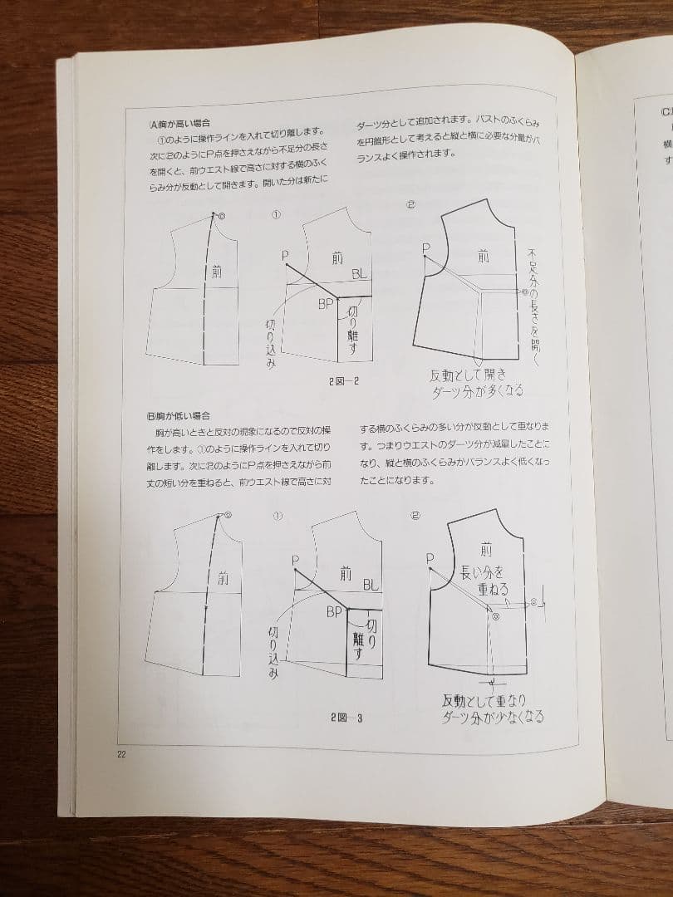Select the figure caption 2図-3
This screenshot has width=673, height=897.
[346, 718]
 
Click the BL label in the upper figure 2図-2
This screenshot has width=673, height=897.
[360, 274]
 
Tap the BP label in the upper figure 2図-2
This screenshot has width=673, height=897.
[326, 305]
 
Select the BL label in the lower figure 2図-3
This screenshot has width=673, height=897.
[371, 585]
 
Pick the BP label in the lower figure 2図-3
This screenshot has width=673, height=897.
[334, 612]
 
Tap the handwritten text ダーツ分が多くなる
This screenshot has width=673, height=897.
[477, 390]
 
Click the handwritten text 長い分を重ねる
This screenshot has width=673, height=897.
[483, 581]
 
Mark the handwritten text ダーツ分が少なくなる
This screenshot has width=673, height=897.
[493, 717]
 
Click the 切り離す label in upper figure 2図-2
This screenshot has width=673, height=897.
[352, 331]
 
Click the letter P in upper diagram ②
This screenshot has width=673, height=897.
[425, 248]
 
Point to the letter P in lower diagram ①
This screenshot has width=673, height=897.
[295, 561]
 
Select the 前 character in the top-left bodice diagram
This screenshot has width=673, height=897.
[217, 271]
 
